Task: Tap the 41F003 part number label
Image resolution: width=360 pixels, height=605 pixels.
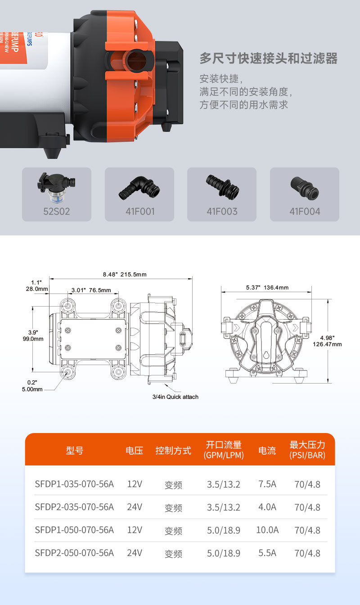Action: (x=222, y=211)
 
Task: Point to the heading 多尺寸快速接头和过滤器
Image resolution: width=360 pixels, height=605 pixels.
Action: (x=268, y=59)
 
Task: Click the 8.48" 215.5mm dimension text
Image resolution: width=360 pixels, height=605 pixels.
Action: (x=125, y=274)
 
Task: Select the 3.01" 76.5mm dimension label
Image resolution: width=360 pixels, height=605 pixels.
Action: (x=91, y=290)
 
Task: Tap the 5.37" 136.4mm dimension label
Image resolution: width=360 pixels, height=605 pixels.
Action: (x=267, y=287)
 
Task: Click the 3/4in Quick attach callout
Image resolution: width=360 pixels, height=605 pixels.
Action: (x=175, y=397)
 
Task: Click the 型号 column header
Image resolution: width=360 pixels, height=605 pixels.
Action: (x=75, y=450)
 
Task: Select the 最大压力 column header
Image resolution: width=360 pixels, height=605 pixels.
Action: (x=307, y=450)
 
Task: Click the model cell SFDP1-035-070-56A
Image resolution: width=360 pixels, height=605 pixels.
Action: (x=74, y=484)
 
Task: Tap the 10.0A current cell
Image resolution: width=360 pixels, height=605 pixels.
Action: (x=267, y=530)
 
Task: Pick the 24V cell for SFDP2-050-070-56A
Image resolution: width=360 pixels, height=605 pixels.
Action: (x=135, y=553)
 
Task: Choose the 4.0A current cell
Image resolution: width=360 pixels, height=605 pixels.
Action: (x=267, y=507)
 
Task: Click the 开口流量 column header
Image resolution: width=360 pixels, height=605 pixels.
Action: (x=224, y=450)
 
